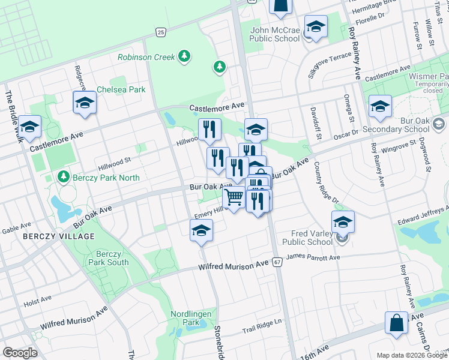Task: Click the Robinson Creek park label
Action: click(x=146, y=57)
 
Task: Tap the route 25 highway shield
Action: click(x=160, y=32)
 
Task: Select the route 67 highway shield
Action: click(x=277, y=263)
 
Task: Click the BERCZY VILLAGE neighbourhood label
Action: click(x=59, y=236)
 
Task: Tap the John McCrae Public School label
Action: click(x=275, y=34)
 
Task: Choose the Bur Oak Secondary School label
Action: click(x=400, y=124)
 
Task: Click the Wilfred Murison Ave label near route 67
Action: click(x=234, y=263)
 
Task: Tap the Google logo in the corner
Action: click(x=19, y=353)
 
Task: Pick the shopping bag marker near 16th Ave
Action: click(x=397, y=323)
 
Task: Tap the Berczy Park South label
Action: click(x=109, y=258)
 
